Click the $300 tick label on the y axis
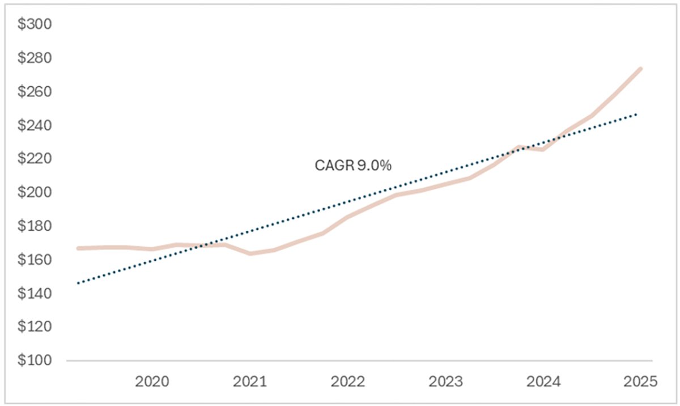point(36,24)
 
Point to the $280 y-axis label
point(36,58)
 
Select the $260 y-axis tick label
point(36,92)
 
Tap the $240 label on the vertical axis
point(36,125)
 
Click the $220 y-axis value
point(36,159)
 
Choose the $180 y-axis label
point(36,226)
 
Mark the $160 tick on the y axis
point(36,260)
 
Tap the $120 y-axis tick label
point(36,327)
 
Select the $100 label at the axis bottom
point(36,361)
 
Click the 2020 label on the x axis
point(152,380)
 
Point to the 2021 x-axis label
point(250,380)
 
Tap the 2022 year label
point(348,380)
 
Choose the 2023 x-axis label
point(446,380)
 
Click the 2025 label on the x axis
point(640,380)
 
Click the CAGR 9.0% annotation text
point(354,166)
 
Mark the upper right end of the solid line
point(640,69)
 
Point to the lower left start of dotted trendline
point(78,282)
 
